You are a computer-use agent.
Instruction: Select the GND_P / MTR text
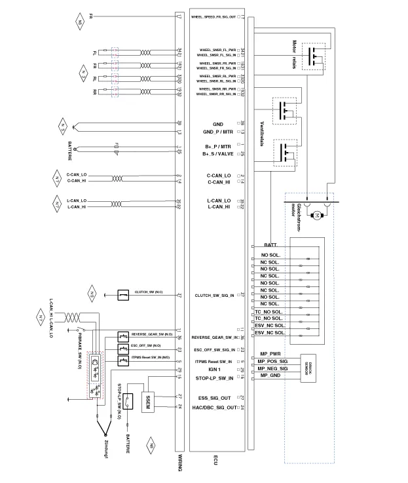[218, 132]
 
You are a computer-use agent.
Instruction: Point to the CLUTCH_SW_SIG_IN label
[215, 296]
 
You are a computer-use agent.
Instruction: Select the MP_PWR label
[270, 354]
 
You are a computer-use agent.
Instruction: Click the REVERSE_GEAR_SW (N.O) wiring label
[151, 334]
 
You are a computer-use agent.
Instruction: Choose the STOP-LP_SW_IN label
[215, 378]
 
